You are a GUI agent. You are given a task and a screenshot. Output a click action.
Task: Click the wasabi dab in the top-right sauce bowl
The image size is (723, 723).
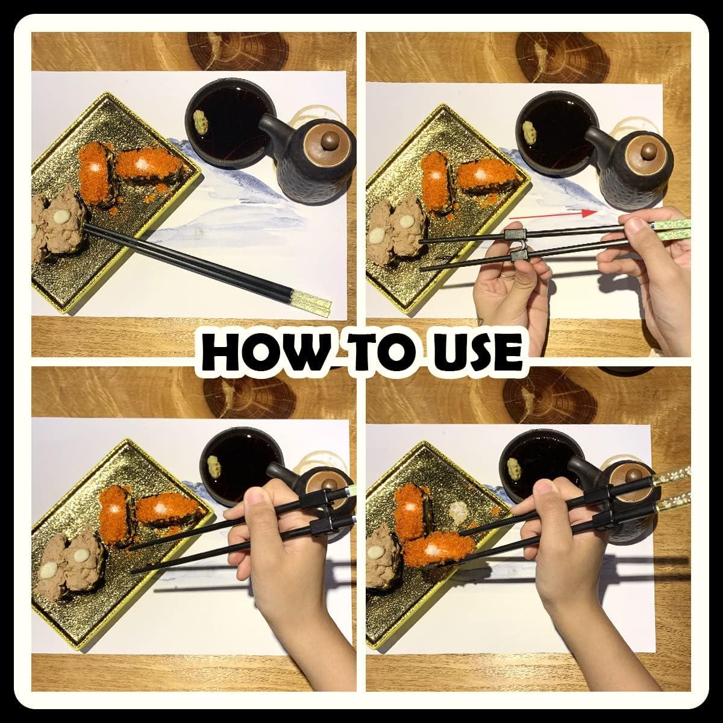coord(528,131)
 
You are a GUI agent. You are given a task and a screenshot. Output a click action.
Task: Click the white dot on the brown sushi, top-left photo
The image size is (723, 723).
coord(60,216)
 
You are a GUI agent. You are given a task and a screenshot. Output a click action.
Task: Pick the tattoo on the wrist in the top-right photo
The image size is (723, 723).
coord(480,322)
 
